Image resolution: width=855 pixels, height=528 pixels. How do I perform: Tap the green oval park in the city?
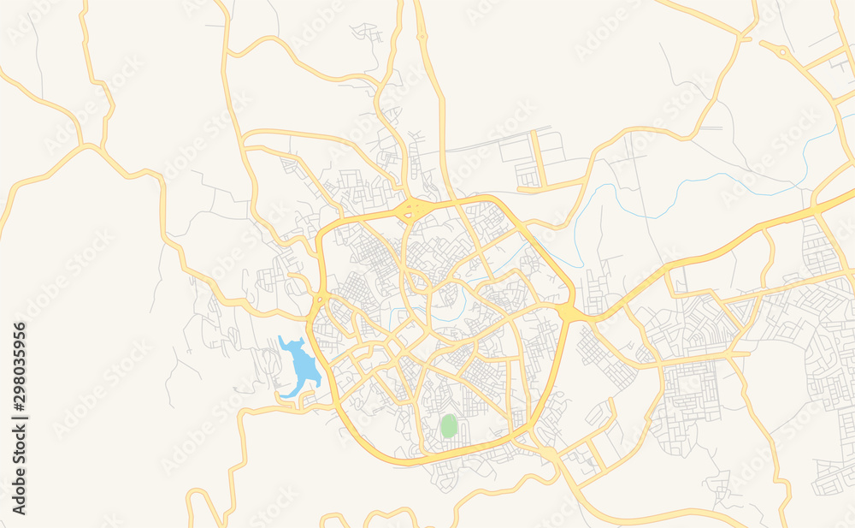tap(449, 426)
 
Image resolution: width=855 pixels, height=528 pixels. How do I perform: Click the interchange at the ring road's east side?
tap(568, 313)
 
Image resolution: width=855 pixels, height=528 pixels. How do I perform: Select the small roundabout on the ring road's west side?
tap(320, 299)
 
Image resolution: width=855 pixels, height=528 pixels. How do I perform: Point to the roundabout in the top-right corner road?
tap(783, 52)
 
